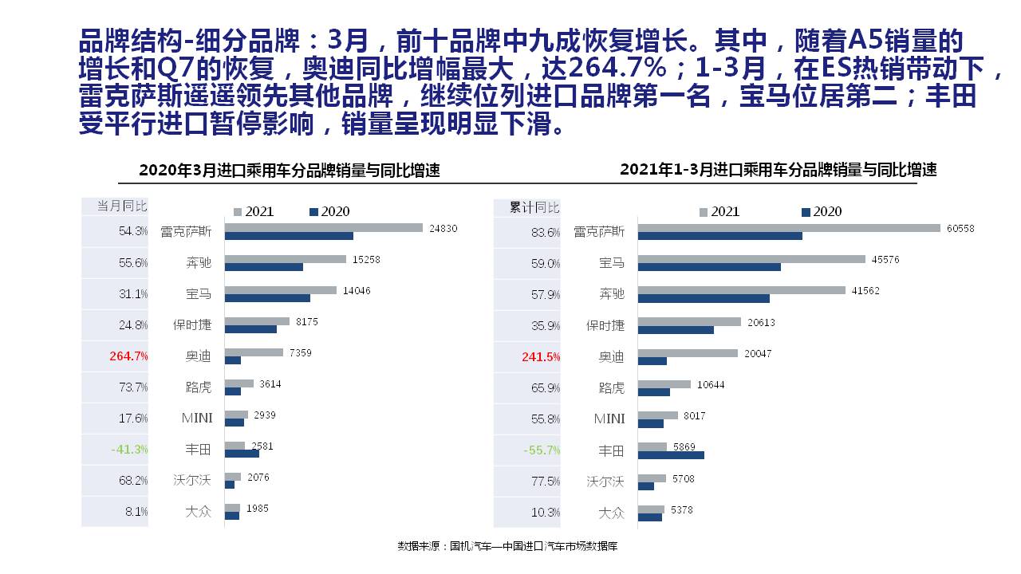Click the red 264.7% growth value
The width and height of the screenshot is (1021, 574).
(x=128, y=356)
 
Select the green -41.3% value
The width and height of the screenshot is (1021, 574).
(x=129, y=450)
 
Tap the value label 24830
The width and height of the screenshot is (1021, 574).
(x=443, y=229)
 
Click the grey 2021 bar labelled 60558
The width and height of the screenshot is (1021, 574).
(x=789, y=228)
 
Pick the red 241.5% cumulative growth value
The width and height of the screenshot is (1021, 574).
(x=541, y=357)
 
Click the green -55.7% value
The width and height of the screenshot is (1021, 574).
(x=542, y=450)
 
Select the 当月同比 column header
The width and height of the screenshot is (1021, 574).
(x=122, y=206)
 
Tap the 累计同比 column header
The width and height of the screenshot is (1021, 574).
(x=534, y=207)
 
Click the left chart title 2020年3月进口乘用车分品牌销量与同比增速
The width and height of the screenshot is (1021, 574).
(x=289, y=171)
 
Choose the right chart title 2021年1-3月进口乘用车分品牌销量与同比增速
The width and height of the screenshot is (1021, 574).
(x=778, y=170)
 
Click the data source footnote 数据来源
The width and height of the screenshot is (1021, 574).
(x=507, y=546)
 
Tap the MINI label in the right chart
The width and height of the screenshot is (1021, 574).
(x=609, y=419)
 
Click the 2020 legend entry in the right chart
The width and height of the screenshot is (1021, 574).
(x=822, y=212)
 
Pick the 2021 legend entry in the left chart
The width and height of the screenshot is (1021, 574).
(x=253, y=212)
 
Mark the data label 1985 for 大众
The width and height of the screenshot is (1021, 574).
(x=257, y=508)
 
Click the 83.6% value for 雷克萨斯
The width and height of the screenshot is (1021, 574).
(x=546, y=233)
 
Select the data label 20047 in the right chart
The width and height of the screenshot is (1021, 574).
(x=758, y=353)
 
